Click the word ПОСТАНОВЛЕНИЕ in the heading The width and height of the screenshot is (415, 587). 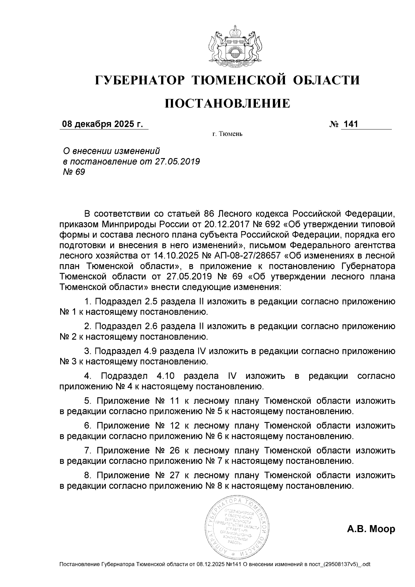point(227,103)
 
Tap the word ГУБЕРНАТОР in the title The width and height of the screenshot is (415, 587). point(140,80)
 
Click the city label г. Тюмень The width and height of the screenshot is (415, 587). point(227,134)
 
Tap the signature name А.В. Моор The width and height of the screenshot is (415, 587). point(371,529)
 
